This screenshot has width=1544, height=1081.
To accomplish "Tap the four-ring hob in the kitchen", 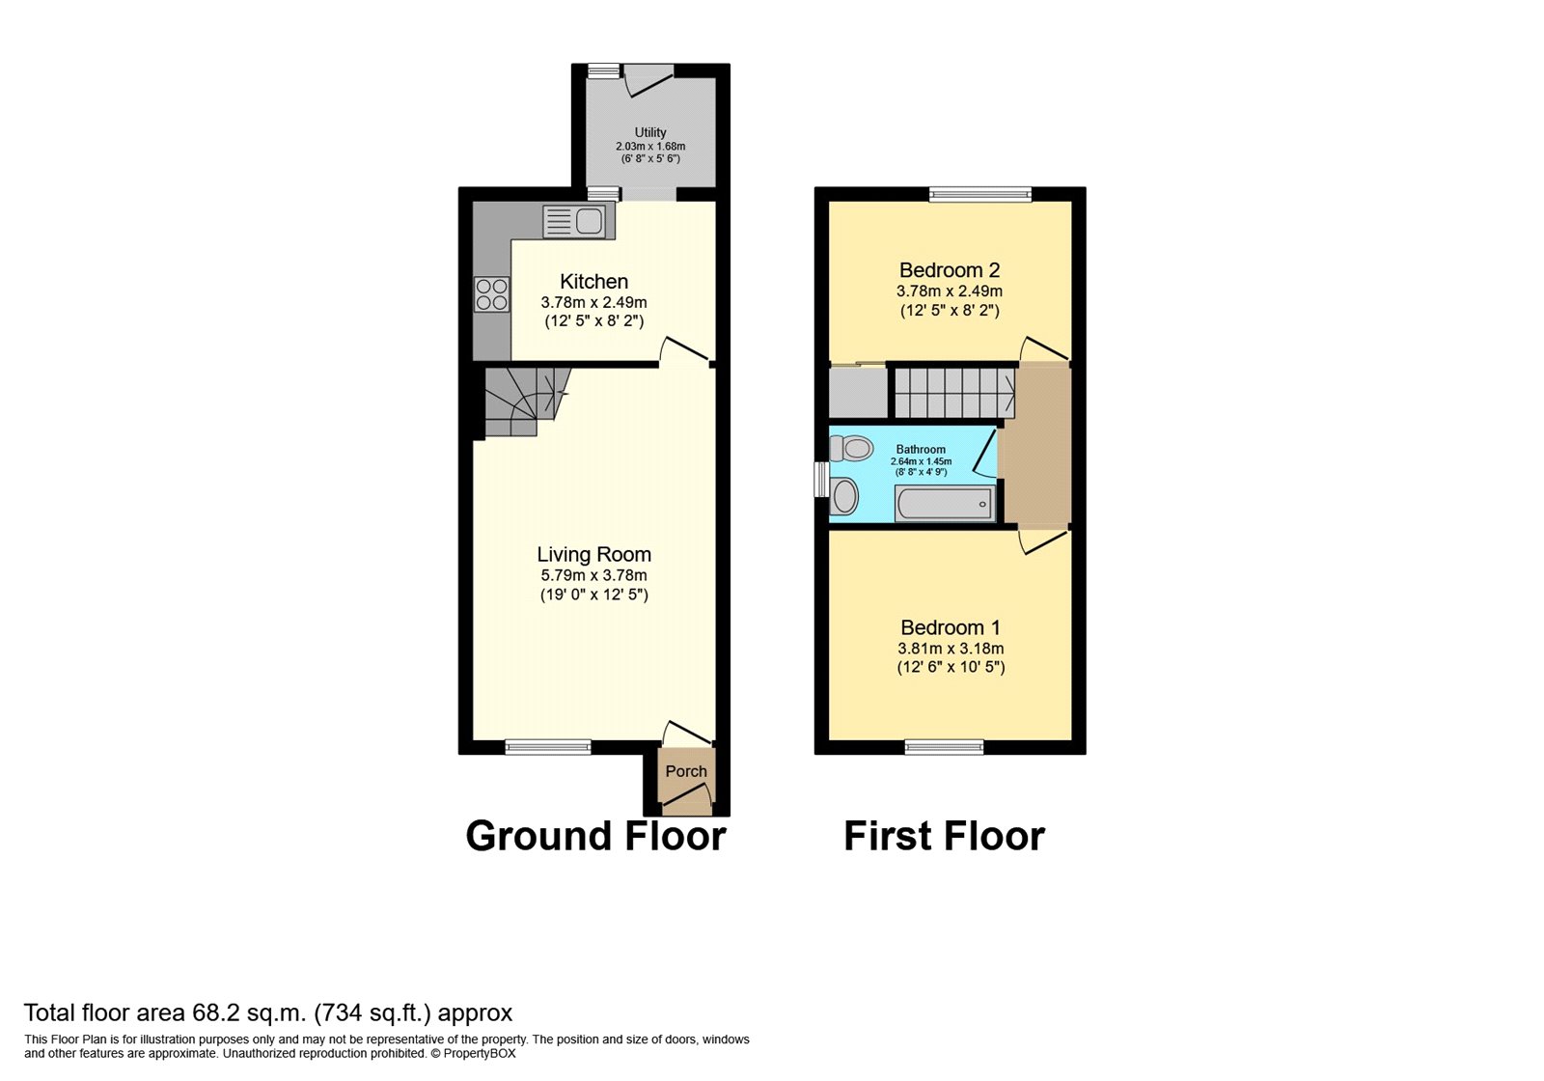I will [x=491, y=294].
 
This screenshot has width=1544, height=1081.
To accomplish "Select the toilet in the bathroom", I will [x=851, y=448].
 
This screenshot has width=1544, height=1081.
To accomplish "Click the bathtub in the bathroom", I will [x=944, y=504].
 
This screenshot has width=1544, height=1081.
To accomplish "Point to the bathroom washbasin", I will [x=844, y=497].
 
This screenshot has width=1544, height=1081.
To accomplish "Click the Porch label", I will [x=686, y=771].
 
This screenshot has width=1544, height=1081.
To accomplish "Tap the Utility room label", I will [x=650, y=132].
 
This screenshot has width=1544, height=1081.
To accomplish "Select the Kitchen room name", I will [x=593, y=282].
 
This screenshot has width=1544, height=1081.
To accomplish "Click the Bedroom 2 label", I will [x=949, y=270].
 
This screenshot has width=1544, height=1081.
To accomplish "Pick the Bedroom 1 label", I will [x=950, y=627].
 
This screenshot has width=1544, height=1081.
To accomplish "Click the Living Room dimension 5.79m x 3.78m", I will [x=593, y=575].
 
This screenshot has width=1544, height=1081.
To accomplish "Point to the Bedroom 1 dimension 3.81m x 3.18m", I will [x=951, y=649].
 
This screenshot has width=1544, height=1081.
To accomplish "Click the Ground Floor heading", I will [x=595, y=836].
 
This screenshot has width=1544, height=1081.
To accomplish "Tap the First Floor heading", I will [x=944, y=836].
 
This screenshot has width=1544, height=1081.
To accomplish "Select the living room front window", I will [x=548, y=746].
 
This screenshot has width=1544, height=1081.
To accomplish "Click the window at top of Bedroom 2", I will [x=979, y=194].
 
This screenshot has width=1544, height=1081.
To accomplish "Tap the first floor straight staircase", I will [x=953, y=393].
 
